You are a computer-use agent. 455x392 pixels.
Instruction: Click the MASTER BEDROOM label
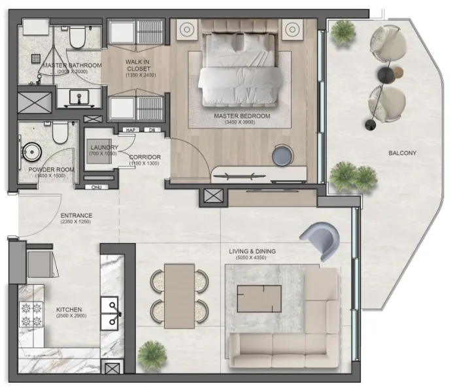pos(242,116)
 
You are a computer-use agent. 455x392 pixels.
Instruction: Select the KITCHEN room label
pos(69,310)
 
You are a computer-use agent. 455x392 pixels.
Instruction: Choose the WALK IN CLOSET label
pos(137,65)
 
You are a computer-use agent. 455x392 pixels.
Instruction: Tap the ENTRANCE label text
pos(76,216)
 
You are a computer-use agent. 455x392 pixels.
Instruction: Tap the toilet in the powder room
pos(59,133)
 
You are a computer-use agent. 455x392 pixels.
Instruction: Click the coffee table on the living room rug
pos(259,299)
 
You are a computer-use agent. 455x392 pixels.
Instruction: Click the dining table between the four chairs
pos(179,295)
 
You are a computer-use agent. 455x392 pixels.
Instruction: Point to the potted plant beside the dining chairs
pos(152,353)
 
